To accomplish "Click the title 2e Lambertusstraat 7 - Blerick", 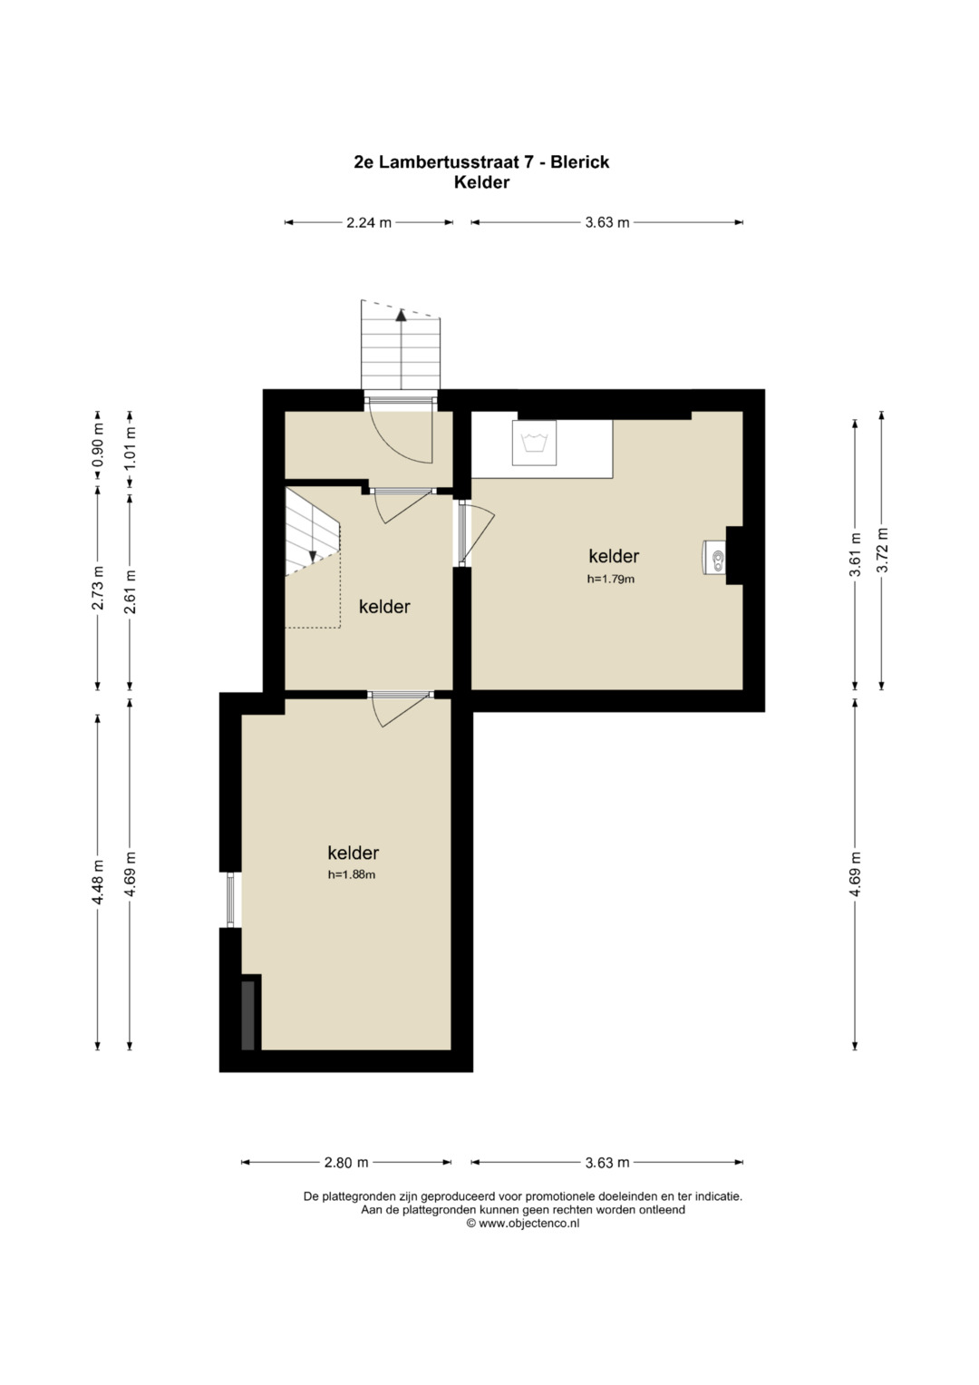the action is pos(481,162).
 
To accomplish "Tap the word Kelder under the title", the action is pos(481,183).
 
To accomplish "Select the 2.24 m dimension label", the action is pos(369,222).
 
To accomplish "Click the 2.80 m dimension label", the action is pos(346,1163).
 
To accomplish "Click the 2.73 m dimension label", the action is pos(98,588).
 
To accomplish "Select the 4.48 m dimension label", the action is pos(98,883).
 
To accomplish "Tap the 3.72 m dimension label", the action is pos(881,550).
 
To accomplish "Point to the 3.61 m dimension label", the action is pos(856,554).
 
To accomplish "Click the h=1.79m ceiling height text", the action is pos(611,580).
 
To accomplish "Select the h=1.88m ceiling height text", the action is pos(352,875).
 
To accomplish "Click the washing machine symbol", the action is pos(535,443).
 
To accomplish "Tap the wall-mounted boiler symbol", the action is pos(714,558).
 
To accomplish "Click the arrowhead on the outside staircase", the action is pos(401,316).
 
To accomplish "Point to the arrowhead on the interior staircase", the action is pos(313,556).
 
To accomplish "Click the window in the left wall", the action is pos(230,900).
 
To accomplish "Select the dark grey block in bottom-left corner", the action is pos(247,1015).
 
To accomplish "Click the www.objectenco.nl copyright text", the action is pos(523,1223).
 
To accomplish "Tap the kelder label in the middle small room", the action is pos(384,607).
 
